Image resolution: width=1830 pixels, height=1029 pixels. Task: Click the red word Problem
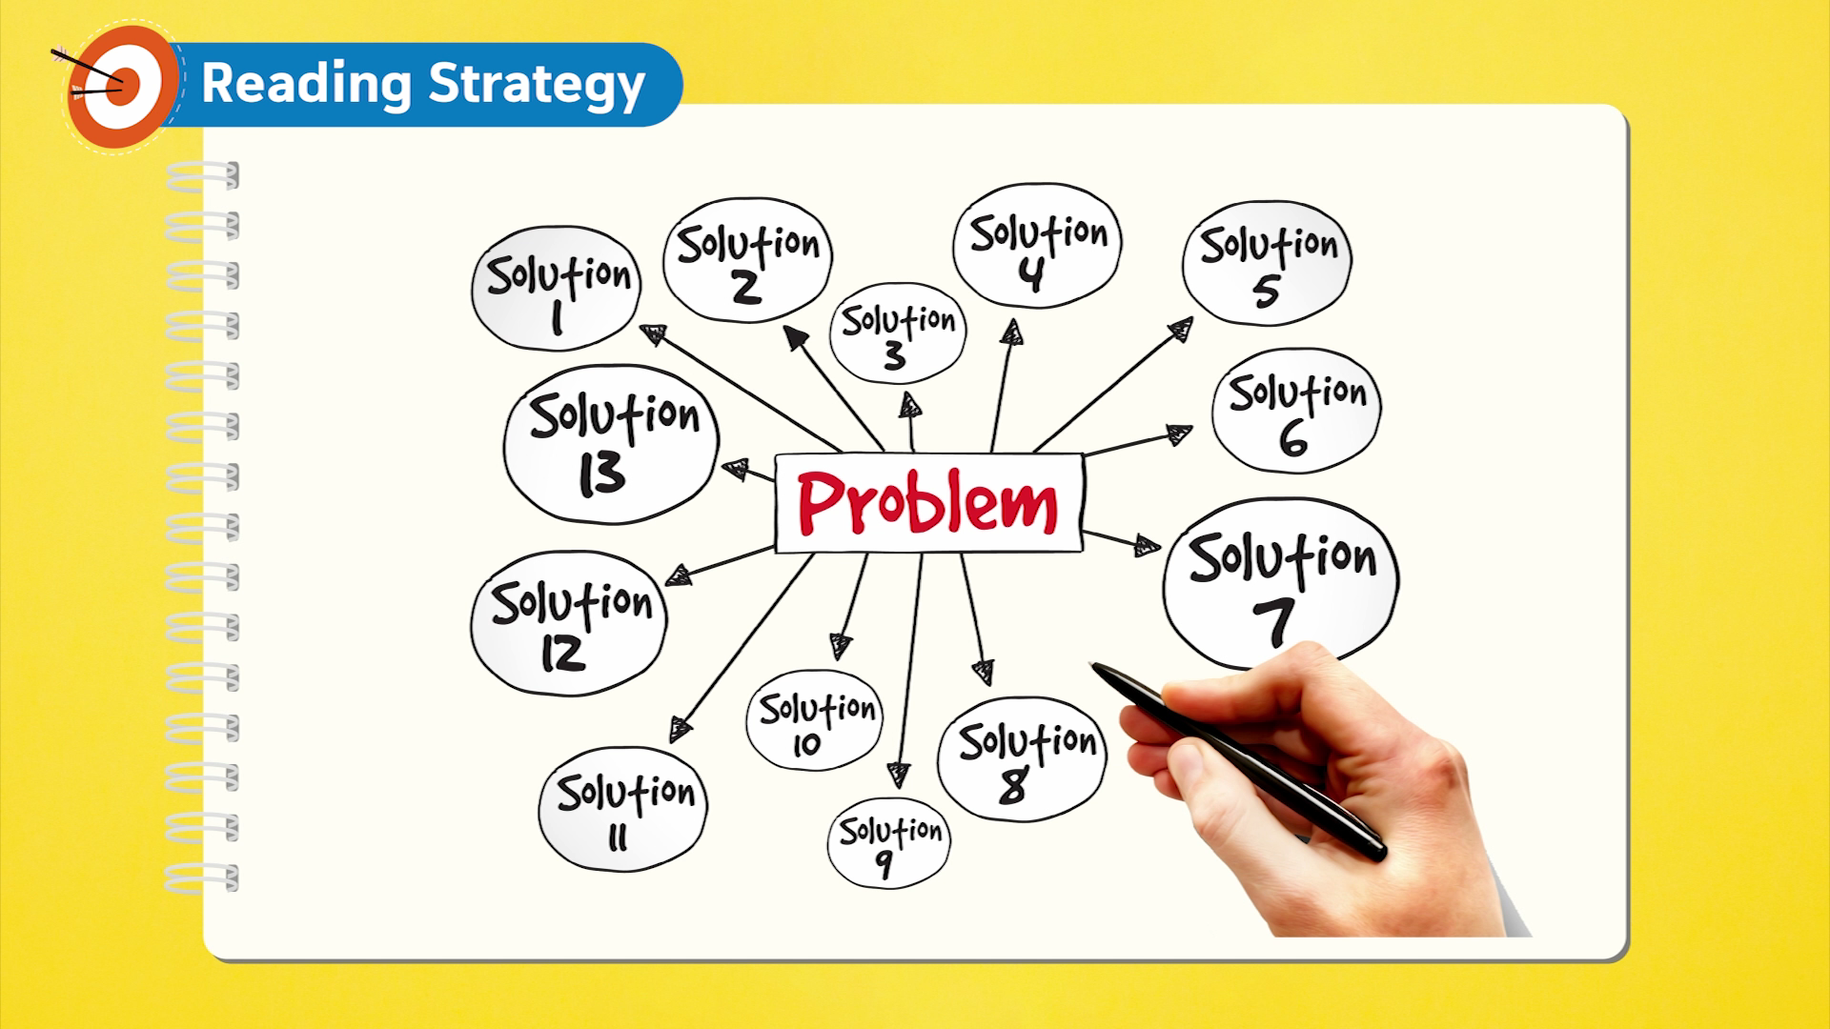point(927,502)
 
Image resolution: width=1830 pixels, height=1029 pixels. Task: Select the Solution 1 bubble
point(557,289)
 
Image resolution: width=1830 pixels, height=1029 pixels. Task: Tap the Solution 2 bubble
point(747,260)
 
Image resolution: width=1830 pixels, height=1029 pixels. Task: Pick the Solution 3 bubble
point(898,333)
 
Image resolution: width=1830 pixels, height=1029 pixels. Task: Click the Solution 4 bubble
point(1037,246)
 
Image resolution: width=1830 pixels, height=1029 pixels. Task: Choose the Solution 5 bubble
point(1267,263)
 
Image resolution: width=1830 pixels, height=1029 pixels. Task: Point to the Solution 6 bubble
point(1296,411)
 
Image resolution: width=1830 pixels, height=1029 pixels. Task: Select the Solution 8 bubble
point(1023,759)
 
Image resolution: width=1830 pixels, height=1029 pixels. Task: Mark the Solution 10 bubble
point(816,720)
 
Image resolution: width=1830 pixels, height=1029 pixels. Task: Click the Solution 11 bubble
point(623,809)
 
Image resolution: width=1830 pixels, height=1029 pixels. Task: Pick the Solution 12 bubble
point(569,623)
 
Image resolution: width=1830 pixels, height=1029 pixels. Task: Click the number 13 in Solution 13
point(601,474)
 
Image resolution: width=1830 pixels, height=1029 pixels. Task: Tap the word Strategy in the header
point(537,84)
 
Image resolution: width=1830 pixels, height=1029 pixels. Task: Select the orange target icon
point(122,86)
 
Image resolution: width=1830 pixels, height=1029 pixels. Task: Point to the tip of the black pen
point(1092,665)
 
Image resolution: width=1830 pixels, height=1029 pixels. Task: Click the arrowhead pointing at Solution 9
point(898,775)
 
